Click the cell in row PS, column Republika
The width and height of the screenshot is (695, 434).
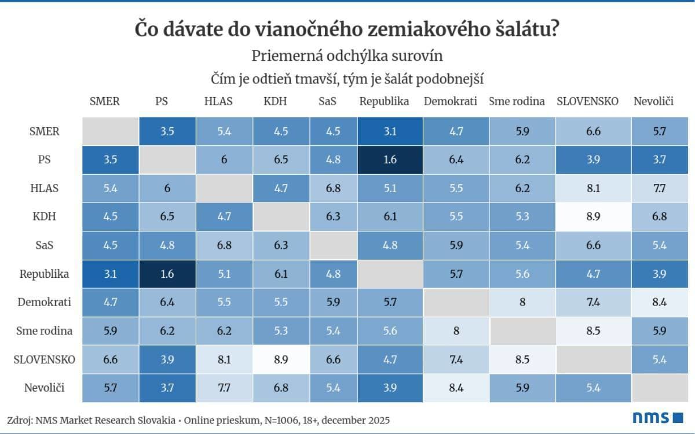[390, 160]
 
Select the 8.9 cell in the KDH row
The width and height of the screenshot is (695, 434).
[593, 217]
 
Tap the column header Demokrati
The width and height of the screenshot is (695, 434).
[450, 101]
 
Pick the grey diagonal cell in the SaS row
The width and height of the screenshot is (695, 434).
[332, 245]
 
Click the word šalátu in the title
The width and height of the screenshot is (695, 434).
[522, 30]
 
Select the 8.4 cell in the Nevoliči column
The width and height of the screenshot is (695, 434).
[659, 303]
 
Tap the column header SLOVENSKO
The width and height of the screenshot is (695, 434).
[587, 101]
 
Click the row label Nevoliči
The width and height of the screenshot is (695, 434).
[45, 388]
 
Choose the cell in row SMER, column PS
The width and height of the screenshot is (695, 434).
[166, 131]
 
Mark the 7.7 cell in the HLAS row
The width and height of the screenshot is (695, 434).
[659, 188]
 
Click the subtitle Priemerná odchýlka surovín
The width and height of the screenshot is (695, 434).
[348, 56]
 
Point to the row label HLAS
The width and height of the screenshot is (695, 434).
[45, 188]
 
